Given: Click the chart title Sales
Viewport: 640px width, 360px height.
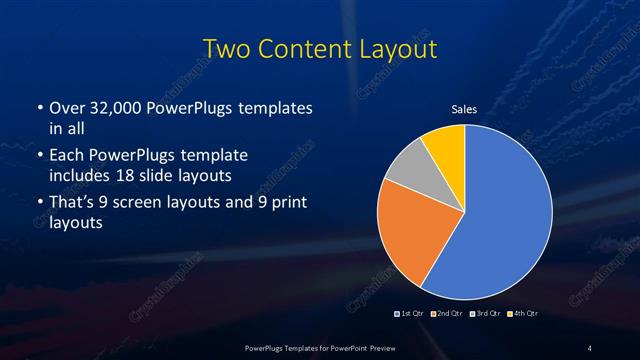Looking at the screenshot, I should tap(464, 109).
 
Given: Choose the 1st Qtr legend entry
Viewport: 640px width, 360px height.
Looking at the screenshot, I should tap(410, 314).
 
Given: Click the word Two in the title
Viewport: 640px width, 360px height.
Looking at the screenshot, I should tap(227, 48).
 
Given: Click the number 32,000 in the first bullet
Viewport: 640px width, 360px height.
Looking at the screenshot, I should tap(120, 107).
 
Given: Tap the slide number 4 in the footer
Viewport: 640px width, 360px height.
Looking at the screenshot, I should tap(590, 347).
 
